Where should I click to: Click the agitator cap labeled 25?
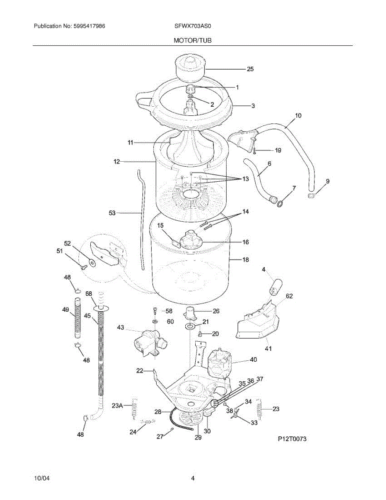[x=189, y=69]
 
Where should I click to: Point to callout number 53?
[x=112, y=213]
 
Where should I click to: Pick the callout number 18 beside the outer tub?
[x=245, y=260]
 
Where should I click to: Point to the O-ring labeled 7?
[x=281, y=203]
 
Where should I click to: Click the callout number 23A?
[x=118, y=405]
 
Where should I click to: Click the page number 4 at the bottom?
[x=192, y=478]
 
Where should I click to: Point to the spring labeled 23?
[x=259, y=408]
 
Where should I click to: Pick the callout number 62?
[x=289, y=297]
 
